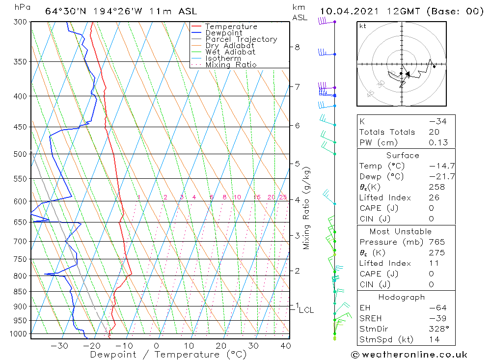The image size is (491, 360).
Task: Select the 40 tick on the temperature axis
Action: tap(285, 346)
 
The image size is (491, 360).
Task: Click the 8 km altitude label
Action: tap(297, 47)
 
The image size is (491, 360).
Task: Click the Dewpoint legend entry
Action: tap(223, 33)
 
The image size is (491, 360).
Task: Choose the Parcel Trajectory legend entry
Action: tap(241, 39)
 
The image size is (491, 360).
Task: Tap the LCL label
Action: tap(306, 310)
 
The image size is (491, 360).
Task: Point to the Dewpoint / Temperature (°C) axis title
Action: tap(168, 354)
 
